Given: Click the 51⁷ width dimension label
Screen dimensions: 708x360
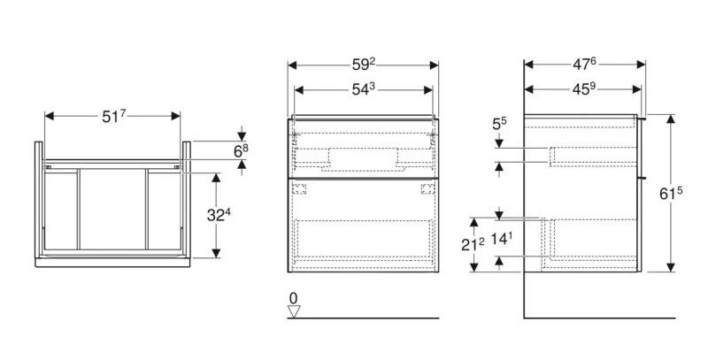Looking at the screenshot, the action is [x=113, y=117].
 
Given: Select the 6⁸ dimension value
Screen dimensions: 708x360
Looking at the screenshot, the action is [x=241, y=150].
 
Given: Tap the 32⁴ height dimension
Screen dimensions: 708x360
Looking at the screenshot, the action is [x=219, y=215].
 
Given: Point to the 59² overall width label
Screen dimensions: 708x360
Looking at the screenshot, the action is [x=364, y=65].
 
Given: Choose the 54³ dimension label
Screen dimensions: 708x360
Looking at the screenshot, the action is [x=364, y=89].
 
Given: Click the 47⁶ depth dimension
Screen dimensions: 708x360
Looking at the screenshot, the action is [x=584, y=65].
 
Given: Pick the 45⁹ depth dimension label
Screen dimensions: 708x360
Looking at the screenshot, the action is [x=584, y=89].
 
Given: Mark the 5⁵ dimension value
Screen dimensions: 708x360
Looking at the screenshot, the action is [x=499, y=124].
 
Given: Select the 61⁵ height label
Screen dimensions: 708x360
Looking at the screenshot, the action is [x=671, y=193].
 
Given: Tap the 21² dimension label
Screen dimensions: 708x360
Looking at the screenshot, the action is [x=473, y=244].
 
